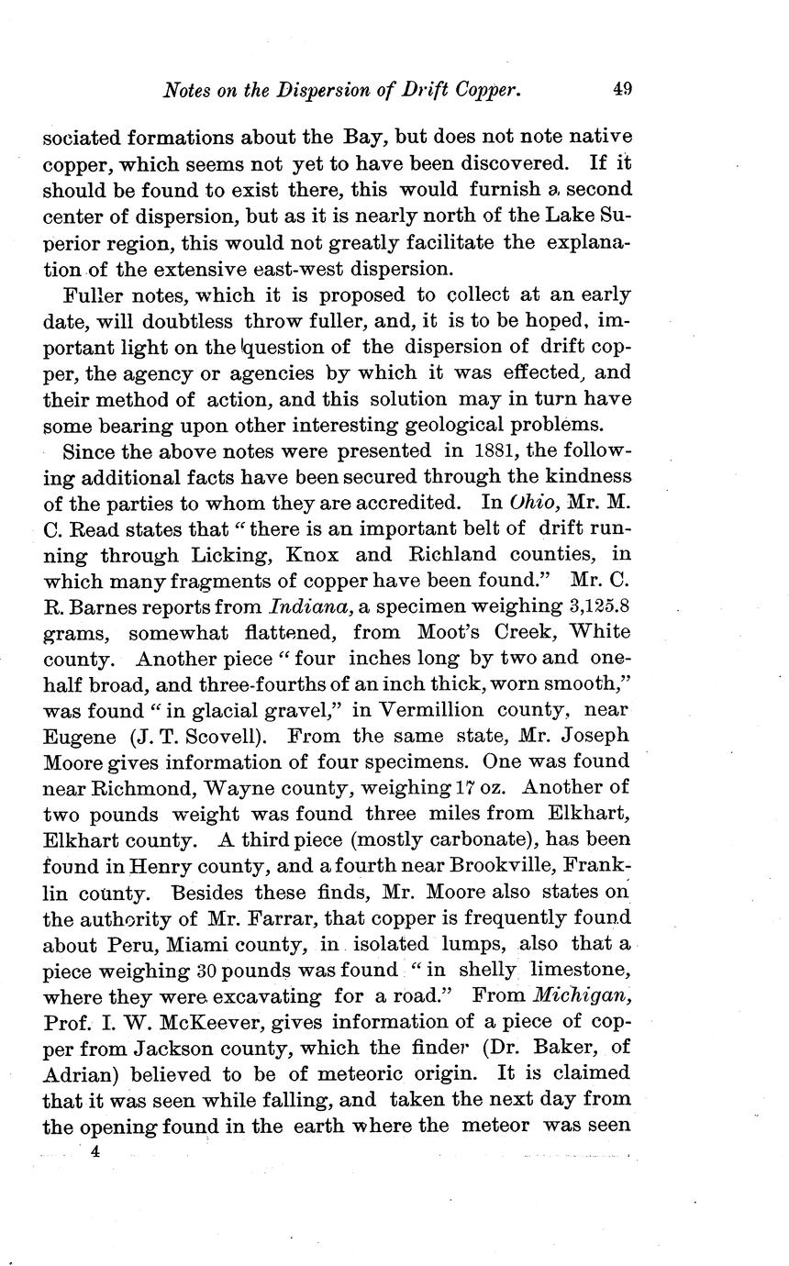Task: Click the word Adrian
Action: coord(78,1073)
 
